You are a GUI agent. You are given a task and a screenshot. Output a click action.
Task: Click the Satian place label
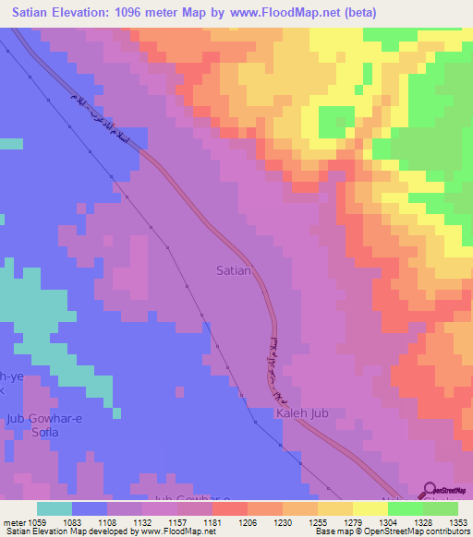(233, 270)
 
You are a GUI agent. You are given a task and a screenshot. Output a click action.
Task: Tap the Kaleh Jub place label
(302, 413)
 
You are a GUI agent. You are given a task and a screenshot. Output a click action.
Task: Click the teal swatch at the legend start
(54, 507)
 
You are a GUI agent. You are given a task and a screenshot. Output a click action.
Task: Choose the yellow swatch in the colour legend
(370, 507)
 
